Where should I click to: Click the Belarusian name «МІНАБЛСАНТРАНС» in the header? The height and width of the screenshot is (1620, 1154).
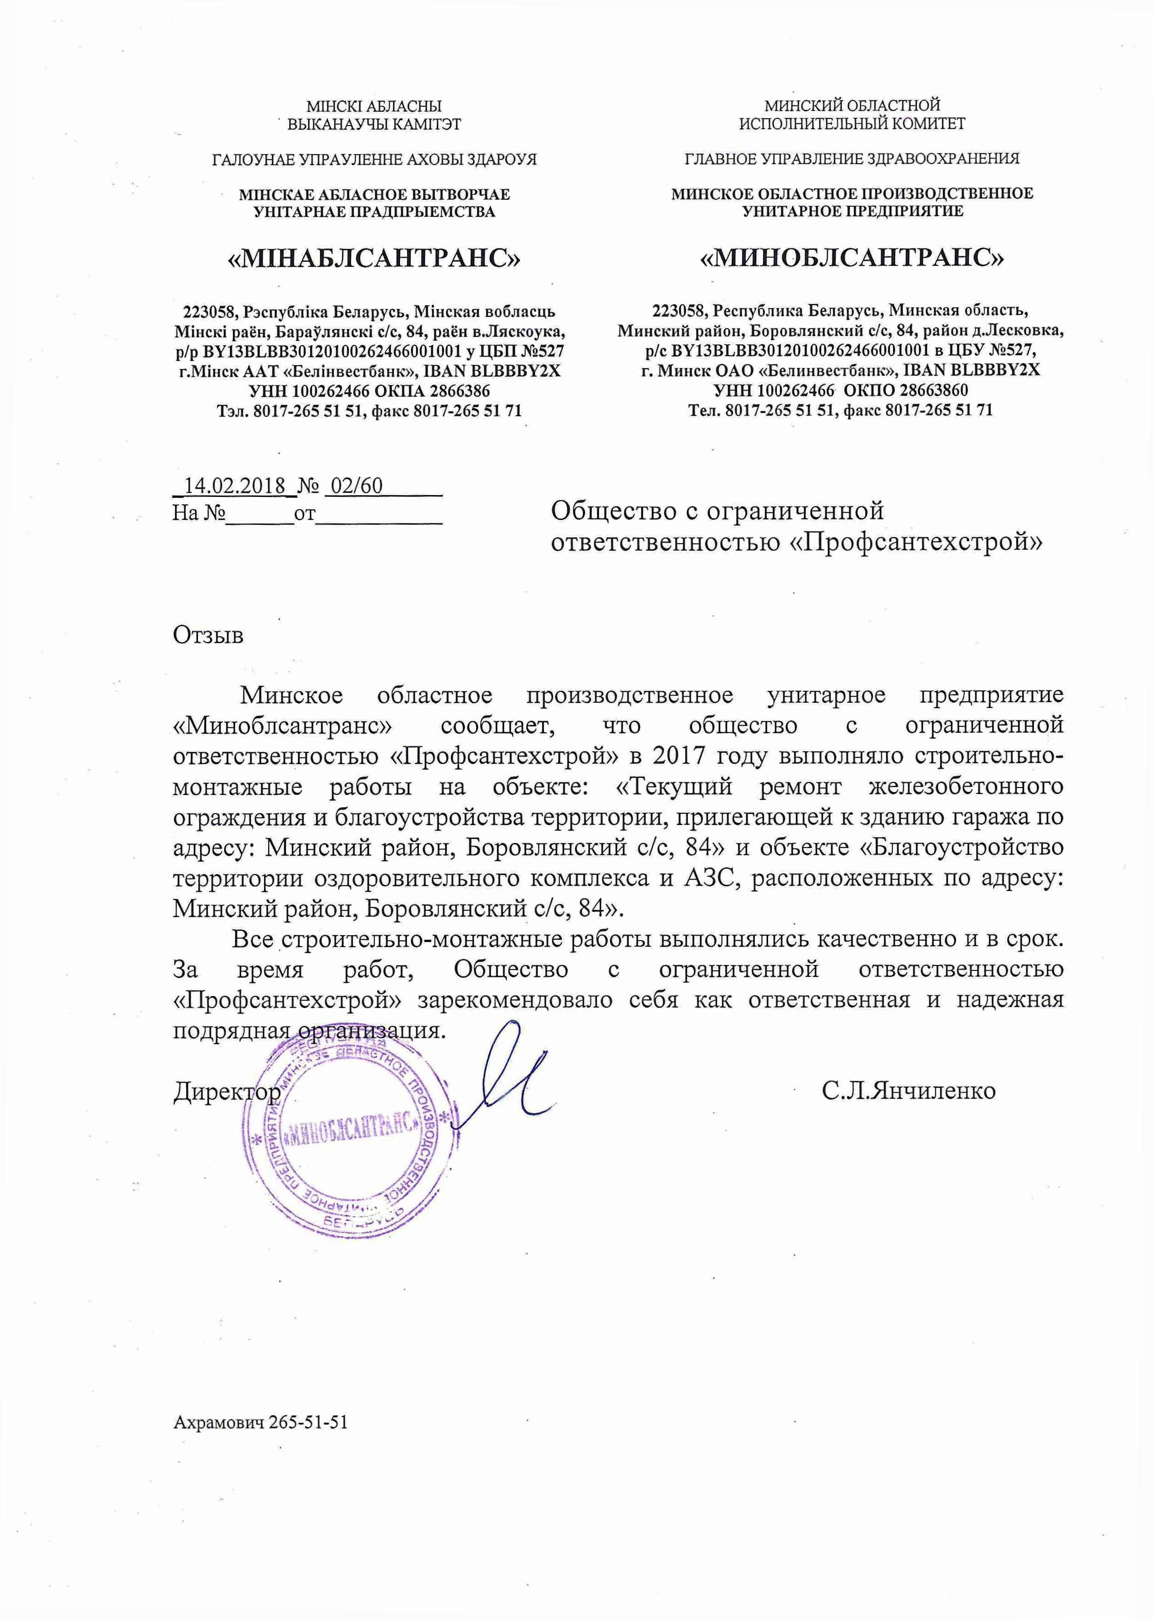point(374,259)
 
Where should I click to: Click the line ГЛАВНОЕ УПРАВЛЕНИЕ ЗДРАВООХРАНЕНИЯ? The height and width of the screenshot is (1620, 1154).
point(852,159)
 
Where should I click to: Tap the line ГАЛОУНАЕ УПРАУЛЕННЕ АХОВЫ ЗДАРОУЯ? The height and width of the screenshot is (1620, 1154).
point(374,159)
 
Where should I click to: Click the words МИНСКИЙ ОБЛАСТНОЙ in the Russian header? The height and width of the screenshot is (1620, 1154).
point(852,106)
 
